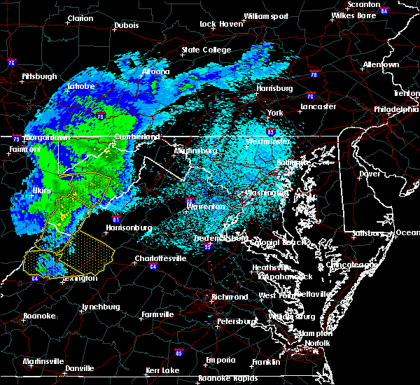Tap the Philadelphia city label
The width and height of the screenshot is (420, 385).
coord(393,110)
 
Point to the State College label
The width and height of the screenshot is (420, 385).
coord(206,50)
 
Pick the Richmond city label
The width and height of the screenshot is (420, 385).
coord(230,297)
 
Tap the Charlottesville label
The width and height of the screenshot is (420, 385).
coord(162,258)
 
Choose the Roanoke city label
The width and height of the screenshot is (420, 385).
coord(39,316)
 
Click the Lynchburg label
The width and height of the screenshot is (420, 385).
coord(101,307)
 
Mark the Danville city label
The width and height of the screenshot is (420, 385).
coord(79,368)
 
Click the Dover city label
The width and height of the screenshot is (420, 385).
coord(369,173)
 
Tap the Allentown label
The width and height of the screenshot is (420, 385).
coord(381,65)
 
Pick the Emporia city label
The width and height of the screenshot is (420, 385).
coord(220,360)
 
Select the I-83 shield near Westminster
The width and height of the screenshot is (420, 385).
coord(269,130)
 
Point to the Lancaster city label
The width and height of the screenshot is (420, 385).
coord(318,107)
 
